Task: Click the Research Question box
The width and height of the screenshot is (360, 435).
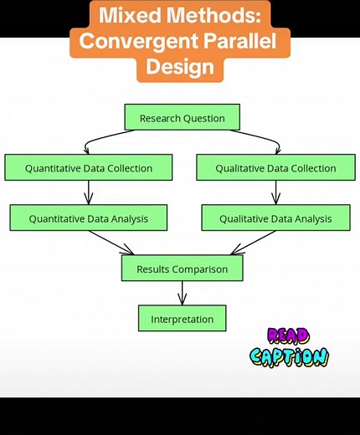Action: pyautogui.click(x=182, y=117)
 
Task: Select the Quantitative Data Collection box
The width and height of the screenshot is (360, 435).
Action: pyautogui.click(x=89, y=167)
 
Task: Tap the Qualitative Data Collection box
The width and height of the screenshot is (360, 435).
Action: pyautogui.click(x=275, y=167)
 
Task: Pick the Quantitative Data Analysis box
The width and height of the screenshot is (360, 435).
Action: pyautogui.click(x=89, y=218)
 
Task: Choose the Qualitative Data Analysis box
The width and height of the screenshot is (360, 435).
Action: pyautogui.click(x=275, y=218)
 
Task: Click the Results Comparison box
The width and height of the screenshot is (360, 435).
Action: pyautogui.click(x=182, y=269)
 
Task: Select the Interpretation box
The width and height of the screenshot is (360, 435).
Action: pyautogui.click(x=182, y=319)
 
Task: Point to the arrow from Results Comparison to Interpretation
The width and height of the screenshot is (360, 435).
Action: pyautogui.click(x=182, y=294)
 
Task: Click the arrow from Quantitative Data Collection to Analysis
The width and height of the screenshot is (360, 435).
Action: pyautogui.click(x=89, y=193)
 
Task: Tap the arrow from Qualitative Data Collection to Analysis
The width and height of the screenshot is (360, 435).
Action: pyautogui.click(x=275, y=193)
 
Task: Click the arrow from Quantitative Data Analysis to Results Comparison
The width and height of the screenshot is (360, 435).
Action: pyautogui.click(x=113, y=243)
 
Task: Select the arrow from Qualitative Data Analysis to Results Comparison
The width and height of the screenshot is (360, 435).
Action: pyautogui.click(x=251, y=243)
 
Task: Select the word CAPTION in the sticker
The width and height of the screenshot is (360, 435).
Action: pyautogui.click(x=290, y=356)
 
